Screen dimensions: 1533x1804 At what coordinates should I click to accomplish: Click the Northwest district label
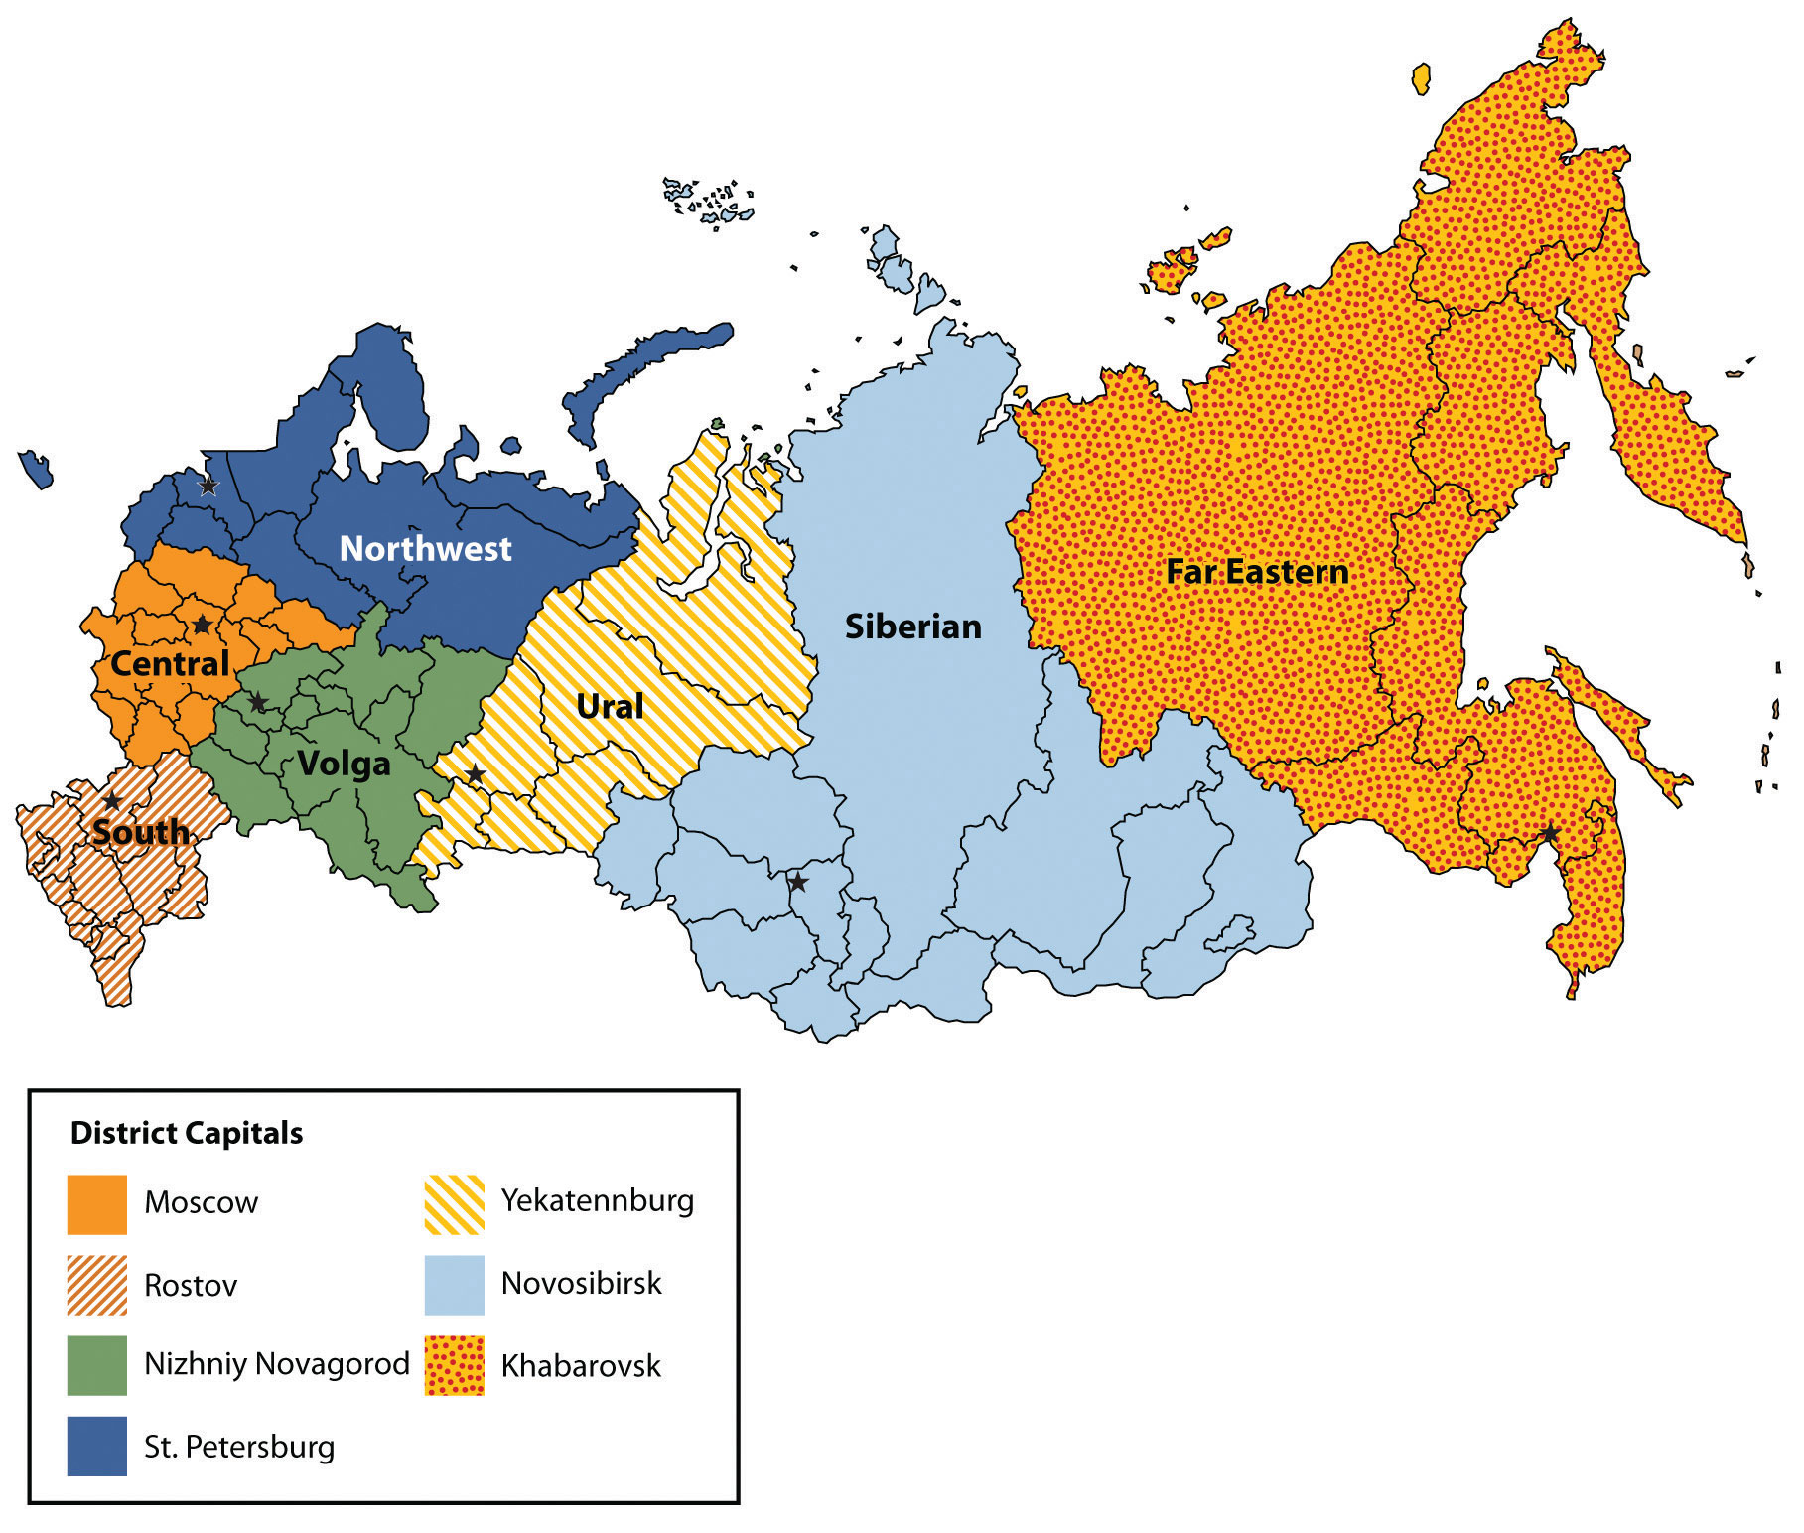point(425,549)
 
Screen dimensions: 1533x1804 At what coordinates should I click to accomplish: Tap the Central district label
point(170,664)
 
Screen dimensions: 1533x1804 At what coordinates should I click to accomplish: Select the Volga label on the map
point(344,765)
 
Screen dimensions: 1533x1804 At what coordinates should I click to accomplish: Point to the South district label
point(140,832)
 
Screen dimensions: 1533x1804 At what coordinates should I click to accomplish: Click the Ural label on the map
point(610,707)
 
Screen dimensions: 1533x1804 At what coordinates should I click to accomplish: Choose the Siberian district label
point(912,627)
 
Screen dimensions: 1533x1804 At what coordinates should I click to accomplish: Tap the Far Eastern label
point(1257,573)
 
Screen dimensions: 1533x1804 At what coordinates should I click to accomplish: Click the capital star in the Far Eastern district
point(1549,834)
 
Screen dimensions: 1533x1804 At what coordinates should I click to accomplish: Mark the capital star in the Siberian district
point(797,882)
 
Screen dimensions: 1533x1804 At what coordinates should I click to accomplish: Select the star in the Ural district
point(476,773)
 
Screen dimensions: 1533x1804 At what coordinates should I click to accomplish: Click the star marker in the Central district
point(202,625)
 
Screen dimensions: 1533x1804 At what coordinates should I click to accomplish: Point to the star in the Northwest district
point(208,486)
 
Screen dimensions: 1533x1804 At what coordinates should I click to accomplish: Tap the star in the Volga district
point(257,703)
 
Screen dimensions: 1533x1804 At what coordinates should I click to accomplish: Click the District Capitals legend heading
point(187,1134)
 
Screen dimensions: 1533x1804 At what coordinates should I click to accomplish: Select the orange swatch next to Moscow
point(97,1204)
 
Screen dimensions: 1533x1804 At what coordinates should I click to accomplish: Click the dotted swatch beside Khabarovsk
point(455,1366)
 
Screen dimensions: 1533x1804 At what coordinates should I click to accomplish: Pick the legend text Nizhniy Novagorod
point(277,1364)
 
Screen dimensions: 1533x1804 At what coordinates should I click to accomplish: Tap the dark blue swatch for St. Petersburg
point(97,1447)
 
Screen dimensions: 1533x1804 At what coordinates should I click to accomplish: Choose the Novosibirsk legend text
point(581,1284)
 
